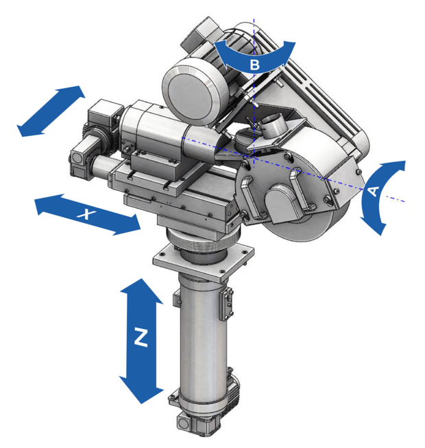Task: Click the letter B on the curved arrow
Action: click(254, 65)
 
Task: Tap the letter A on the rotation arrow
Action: click(373, 191)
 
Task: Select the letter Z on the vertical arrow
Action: click(141, 337)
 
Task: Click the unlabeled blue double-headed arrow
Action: click(51, 111)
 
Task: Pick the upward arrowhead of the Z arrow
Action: click(141, 291)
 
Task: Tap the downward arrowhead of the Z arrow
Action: click(141, 391)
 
